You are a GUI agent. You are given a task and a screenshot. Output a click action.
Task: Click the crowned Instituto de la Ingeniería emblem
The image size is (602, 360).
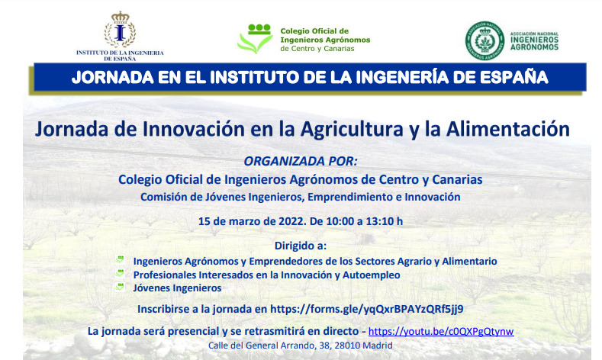pyautogui.click(x=120, y=30)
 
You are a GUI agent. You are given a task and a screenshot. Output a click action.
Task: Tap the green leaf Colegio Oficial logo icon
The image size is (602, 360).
pyautogui.click(x=255, y=39)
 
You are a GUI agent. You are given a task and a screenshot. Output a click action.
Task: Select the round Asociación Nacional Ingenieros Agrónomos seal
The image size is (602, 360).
pyautogui.click(x=485, y=40)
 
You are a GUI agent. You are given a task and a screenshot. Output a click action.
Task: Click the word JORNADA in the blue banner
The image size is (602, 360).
pyautogui.click(x=113, y=78)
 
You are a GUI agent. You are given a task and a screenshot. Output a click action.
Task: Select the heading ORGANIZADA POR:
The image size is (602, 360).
pyautogui.click(x=301, y=161)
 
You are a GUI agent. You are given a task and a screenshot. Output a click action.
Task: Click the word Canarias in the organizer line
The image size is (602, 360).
pyautogui.click(x=457, y=179)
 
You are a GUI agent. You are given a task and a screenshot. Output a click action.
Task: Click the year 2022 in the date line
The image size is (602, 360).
pyautogui.click(x=291, y=221)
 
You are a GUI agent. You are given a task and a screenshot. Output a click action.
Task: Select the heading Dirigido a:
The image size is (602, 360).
pyautogui.click(x=301, y=246)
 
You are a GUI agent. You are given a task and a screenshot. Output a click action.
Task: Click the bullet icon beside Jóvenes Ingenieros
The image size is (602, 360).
pyautogui.click(x=120, y=287)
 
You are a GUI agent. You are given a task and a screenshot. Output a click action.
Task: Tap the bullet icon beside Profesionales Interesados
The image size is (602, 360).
pyautogui.click(x=120, y=273)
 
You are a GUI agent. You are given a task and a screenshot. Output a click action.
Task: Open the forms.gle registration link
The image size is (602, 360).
pyautogui.click(x=367, y=310)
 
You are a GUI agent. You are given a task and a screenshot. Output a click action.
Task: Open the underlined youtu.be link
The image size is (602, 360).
pyautogui.click(x=441, y=332)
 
